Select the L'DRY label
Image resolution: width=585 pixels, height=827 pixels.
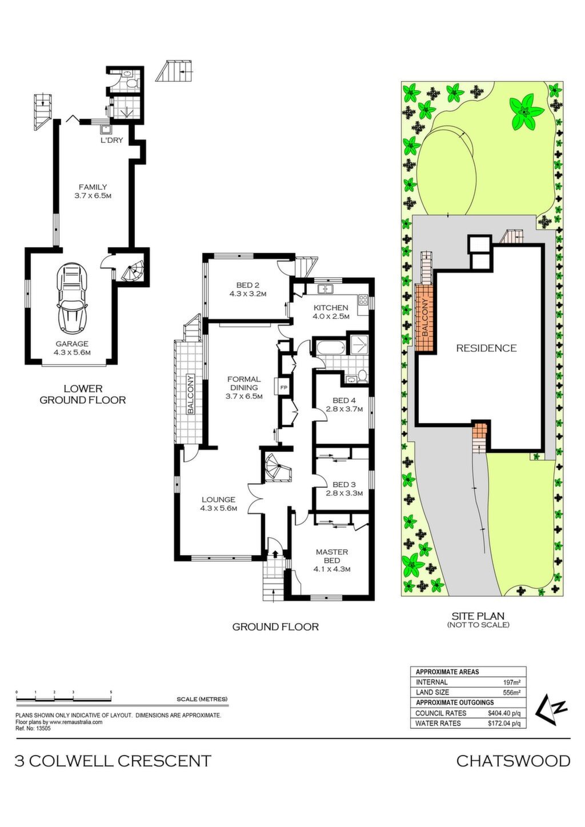(111, 140)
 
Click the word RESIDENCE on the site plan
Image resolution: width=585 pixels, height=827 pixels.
(486, 348)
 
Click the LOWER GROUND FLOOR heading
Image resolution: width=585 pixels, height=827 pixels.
(83, 394)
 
